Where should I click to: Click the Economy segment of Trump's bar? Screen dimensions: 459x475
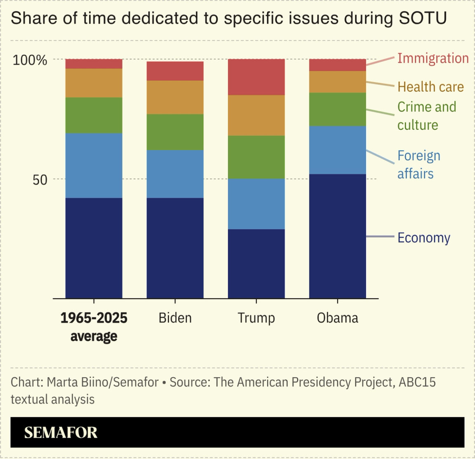click(256, 263)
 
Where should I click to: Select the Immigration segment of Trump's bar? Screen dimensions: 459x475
click(256, 77)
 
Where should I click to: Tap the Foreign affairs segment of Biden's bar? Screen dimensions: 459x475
click(175, 174)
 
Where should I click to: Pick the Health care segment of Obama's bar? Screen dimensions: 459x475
click(337, 82)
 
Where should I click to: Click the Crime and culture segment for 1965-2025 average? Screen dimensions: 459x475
click(94, 115)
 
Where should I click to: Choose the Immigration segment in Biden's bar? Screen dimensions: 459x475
click(175, 71)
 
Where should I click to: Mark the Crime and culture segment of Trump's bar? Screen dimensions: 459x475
click(256, 157)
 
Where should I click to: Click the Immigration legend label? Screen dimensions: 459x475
click(433, 58)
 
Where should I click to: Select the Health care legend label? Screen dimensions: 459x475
click(430, 87)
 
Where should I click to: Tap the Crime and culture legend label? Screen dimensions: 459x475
click(426, 116)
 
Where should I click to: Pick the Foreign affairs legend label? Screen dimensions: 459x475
click(419, 164)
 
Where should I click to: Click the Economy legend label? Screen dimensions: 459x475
click(423, 238)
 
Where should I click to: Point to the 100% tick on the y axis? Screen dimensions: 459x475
click(30, 60)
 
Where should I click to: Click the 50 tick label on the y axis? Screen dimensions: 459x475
click(40, 180)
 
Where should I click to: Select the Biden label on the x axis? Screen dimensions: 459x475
click(175, 318)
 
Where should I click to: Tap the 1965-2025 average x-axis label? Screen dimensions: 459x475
click(94, 327)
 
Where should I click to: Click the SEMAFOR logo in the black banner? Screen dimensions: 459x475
click(61, 432)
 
